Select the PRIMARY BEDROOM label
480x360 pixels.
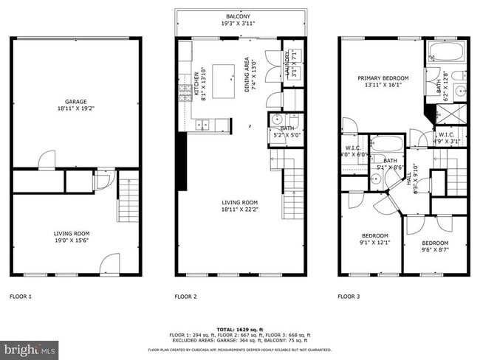(383, 77)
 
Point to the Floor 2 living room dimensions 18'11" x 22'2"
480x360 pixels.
(241, 210)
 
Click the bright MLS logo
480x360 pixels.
(30, 347)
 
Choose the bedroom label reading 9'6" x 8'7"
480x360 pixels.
(434, 246)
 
